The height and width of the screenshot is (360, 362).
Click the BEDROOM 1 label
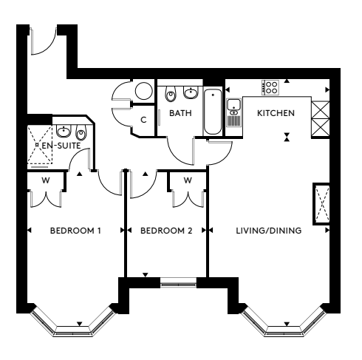[x=75, y=231]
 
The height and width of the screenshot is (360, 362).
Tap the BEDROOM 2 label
[x=166, y=231]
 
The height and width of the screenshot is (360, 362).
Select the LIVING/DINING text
[x=269, y=231]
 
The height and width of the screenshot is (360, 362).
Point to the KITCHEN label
[x=276, y=113]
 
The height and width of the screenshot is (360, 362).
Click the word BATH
[x=180, y=113]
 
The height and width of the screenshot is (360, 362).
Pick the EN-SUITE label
[x=61, y=146]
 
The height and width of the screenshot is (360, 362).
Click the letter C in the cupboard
[x=143, y=120]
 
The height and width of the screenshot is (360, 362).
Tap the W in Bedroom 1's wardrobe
[x=46, y=180]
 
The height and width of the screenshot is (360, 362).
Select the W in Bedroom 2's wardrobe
[x=188, y=180]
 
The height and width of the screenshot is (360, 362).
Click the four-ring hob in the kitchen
[x=270, y=87]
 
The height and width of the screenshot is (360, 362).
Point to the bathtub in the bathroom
[x=213, y=112]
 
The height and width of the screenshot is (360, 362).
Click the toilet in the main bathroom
[x=171, y=94]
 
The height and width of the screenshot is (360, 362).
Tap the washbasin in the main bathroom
[x=191, y=92]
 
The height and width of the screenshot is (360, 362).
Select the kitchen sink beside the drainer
[x=233, y=104]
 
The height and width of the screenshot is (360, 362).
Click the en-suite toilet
[x=81, y=132]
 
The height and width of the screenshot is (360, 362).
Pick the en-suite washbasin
[x=64, y=131]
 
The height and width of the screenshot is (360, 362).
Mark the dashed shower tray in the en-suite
[x=40, y=145]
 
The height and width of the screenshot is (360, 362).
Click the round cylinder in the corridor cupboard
[x=144, y=91]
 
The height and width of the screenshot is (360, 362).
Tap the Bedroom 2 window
[x=179, y=282]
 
